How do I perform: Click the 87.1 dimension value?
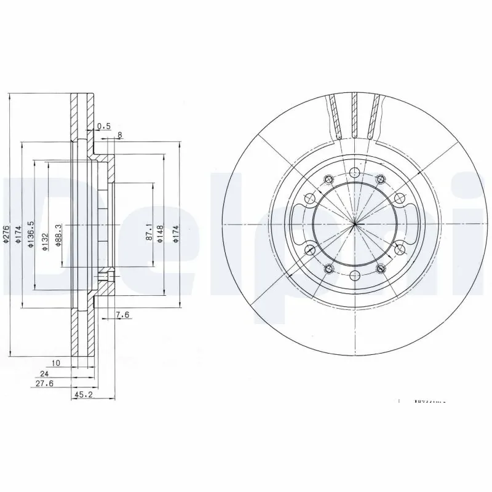148,231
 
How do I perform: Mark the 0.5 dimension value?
104,126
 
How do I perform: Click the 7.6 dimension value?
122,315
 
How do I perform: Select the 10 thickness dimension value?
56,363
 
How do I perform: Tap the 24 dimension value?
44,373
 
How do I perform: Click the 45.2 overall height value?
83,395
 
